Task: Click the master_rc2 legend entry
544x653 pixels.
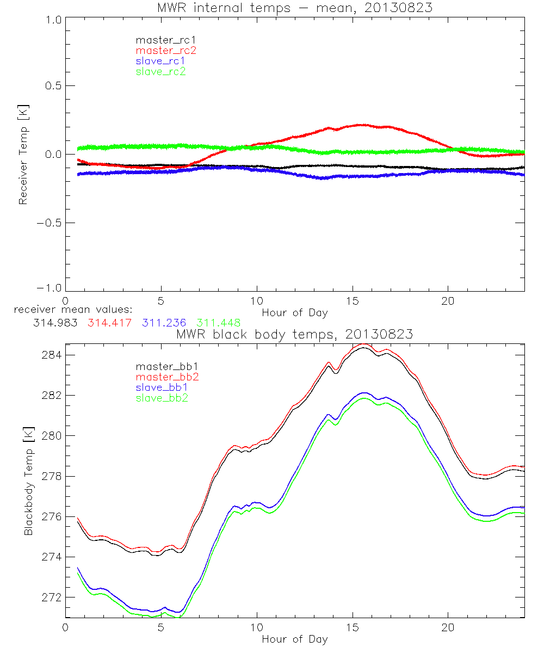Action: click(x=166, y=51)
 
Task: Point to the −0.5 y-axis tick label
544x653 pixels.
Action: click(x=50, y=223)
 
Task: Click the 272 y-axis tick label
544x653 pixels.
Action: click(x=53, y=597)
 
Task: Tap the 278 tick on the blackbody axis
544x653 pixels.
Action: click(x=53, y=476)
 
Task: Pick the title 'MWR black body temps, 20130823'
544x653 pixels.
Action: click(x=294, y=335)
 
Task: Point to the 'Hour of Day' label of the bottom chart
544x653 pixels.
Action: click(x=294, y=639)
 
